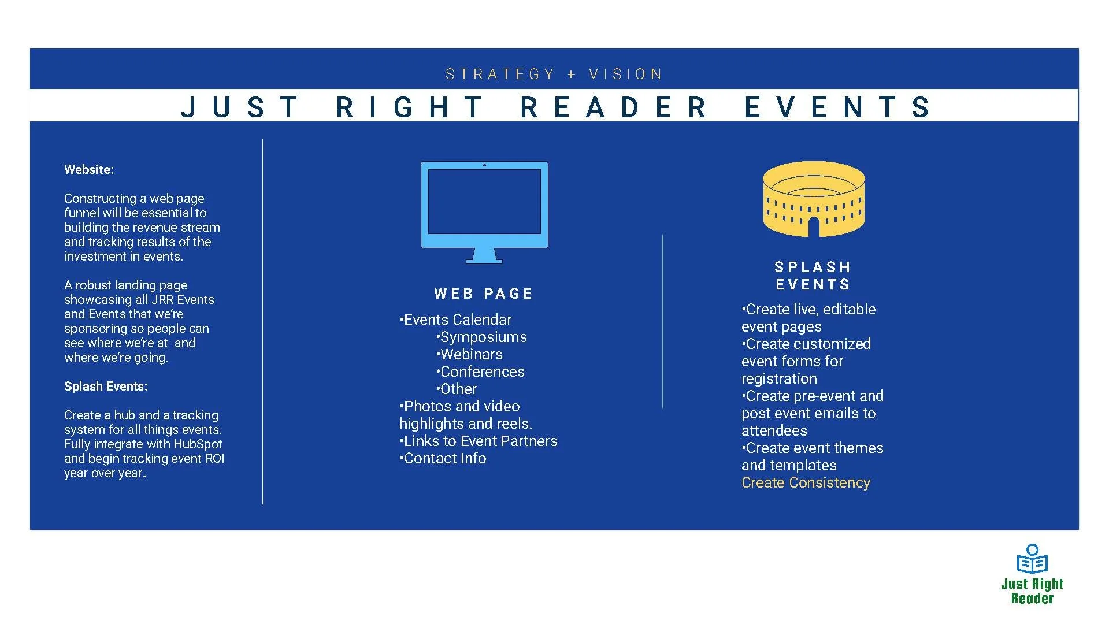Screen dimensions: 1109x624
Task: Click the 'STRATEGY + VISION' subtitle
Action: pyautogui.click(x=554, y=75)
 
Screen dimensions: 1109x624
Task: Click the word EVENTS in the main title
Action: pyautogui.click(x=837, y=107)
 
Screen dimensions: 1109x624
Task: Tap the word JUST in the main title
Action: pyautogui.click(x=240, y=107)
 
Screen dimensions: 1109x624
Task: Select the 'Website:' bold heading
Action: pyautogui.click(x=89, y=170)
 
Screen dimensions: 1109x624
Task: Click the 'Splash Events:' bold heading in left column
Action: pyautogui.click(x=106, y=387)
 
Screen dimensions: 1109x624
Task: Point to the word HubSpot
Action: pyautogui.click(x=198, y=444)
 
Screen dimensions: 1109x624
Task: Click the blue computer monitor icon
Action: pyautogui.click(x=484, y=205)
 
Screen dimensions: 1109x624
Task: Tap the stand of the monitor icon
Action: pyautogui.click(x=484, y=256)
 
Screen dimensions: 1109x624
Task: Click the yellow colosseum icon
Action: pyautogui.click(x=814, y=199)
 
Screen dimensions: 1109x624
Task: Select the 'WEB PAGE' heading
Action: pyautogui.click(x=483, y=294)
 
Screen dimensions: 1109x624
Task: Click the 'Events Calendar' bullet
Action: pyautogui.click(x=457, y=320)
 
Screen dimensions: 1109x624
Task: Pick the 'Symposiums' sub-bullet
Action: pyautogui.click(x=483, y=337)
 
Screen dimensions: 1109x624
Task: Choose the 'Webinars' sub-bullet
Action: pyautogui.click(x=471, y=355)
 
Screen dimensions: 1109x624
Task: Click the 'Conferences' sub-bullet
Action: pyautogui.click(x=482, y=372)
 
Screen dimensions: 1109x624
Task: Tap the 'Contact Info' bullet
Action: pyautogui.click(x=444, y=459)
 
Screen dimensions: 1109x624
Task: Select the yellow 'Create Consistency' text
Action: pyautogui.click(x=806, y=483)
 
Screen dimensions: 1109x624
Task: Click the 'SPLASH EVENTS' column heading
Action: pyautogui.click(x=813, y=276)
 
